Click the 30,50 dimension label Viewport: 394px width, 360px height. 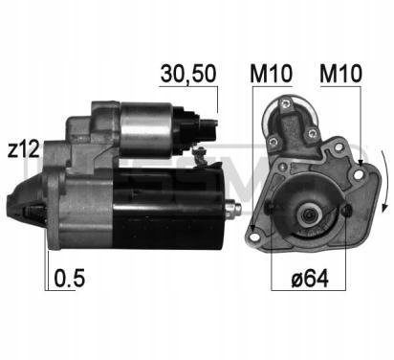pos(188,74)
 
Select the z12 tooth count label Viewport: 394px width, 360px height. pos(23,149)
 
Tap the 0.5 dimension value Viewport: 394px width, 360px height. pos(69,278)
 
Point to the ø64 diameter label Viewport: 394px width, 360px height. pos(310,279)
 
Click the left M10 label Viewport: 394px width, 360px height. pos(272,74)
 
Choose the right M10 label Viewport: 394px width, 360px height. pos(340,74)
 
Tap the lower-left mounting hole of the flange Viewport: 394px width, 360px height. pos(254,237)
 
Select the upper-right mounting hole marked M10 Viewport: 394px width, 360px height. pos(359,174)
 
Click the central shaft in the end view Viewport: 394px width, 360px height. pos(309,214)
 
